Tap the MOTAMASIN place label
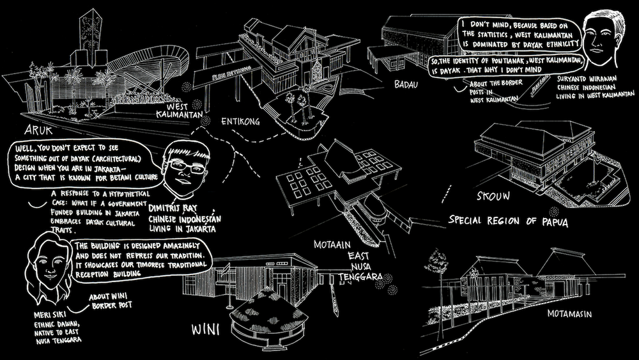click(x=570, y=314)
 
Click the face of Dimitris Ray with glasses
click(x=180, y=168)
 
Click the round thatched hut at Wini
click(x=258, y=313)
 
